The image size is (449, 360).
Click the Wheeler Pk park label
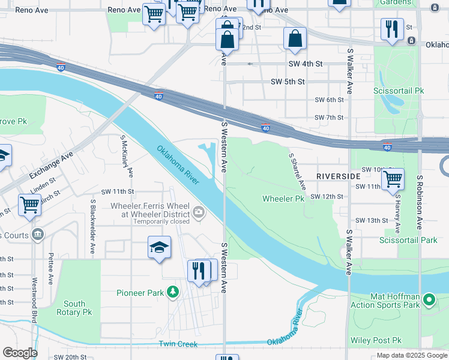click(283, 199)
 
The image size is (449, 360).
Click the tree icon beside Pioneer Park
click(173, 293)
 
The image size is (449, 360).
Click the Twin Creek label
click(178, 344)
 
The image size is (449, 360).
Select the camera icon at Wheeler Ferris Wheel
click(199, 211)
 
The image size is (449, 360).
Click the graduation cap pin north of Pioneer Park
click(159, 248)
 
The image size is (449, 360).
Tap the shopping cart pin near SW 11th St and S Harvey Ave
click(393, 179)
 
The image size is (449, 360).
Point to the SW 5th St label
click(288, 82)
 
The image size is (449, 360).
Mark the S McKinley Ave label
click(128, 156)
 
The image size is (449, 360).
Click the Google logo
click(20, 353)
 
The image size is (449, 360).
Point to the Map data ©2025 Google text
click(412, 355)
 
